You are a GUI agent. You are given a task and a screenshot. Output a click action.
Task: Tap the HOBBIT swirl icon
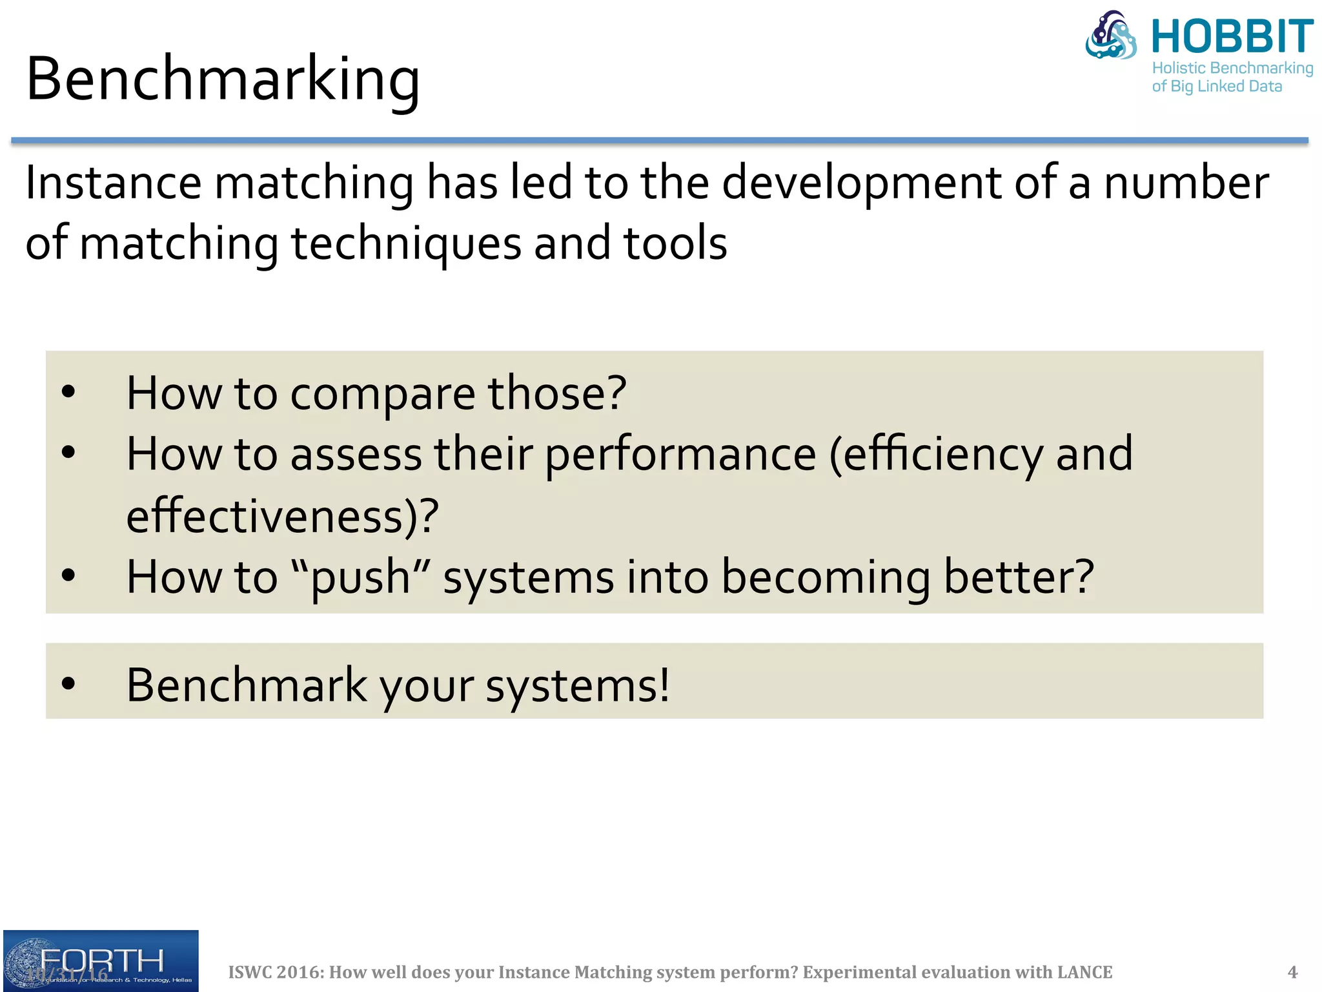point(1111,36)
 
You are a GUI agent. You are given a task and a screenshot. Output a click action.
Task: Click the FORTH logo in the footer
point(101,960)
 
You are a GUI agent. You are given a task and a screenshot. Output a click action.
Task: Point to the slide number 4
point(1292,972)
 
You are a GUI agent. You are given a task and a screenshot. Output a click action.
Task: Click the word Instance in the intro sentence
point(113,183)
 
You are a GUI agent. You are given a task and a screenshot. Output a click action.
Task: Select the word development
point(862,183)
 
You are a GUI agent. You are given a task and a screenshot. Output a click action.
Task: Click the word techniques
point(406,244)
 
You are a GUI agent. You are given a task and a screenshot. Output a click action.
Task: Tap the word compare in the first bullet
point(382,394)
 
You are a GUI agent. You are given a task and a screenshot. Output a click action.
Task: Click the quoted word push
point(360,577)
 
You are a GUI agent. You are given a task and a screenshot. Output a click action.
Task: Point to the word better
point(1017,577)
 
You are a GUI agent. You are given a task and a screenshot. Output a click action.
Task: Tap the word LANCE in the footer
point(1084,972)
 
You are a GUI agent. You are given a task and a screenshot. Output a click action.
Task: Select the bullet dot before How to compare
point(68,392)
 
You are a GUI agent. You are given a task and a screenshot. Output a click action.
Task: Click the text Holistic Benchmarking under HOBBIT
point(1232,68)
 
